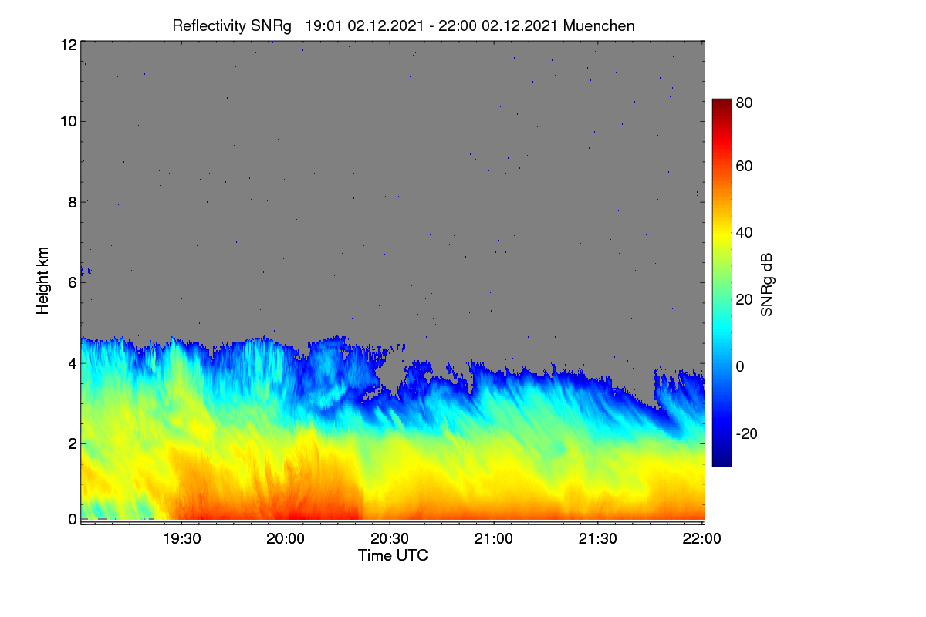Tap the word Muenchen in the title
coord(599,25)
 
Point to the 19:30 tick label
coord(182,538)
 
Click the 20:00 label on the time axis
coord(286,538)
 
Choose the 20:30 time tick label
coord(390,538)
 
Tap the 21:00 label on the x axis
coord(494,538)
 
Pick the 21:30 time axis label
coord(598,538)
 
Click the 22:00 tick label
coord(702,538)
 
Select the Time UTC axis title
coord(393,555)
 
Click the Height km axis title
coord(42,281)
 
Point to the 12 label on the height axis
coord(69,45)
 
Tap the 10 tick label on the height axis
coord(69,122)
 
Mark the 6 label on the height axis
coord(73,283)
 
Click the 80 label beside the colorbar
coord(744,103)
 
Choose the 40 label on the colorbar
coord(744,233)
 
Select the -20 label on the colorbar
coord(747,433)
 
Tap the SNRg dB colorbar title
coord(766,285)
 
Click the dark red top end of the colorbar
coord(722,100)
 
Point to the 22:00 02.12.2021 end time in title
coord(498,25)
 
